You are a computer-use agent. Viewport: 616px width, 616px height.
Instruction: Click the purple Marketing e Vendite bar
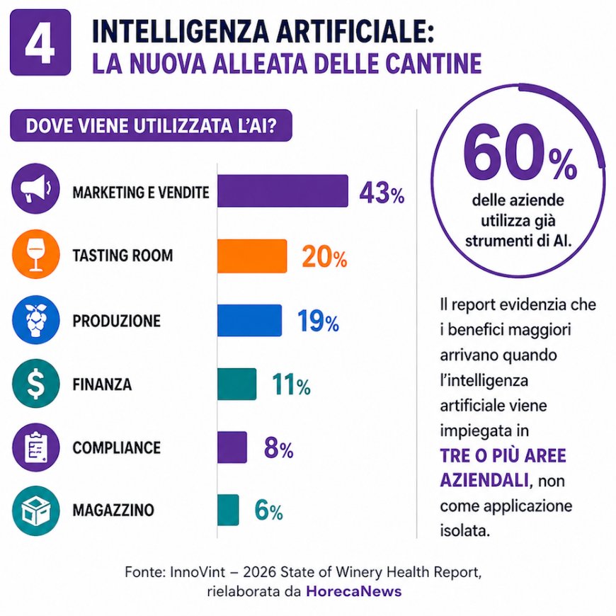[x=283, y=191]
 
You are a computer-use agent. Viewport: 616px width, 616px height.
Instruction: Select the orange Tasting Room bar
[x=252, y=256]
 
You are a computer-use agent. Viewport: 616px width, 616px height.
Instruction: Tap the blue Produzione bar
[x=250, y=320]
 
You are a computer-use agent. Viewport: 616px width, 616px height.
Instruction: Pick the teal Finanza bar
[x=237, y=384]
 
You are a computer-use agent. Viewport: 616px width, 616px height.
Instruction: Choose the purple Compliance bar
[x=232, y=447]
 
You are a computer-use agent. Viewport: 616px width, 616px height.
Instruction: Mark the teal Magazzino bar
[x=228, y=510]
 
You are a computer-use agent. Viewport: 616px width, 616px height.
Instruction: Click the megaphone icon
[x=35, y=188]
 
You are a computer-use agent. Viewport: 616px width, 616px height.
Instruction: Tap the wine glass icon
[x=35, y=254]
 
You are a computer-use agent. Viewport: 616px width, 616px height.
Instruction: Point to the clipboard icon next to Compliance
[x=35, y=447]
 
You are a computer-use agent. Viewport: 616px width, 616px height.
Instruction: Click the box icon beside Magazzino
[x=35, y=511]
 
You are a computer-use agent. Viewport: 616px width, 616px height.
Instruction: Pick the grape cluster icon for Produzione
[x=35, y=320]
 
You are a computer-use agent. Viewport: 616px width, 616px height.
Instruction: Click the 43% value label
[x=382, y=193]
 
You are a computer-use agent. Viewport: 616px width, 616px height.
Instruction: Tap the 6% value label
[x=269, y=511]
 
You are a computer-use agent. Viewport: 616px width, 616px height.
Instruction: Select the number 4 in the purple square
[x=40, y=42]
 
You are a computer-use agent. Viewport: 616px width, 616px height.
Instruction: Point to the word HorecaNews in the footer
[x=354, y=591]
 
